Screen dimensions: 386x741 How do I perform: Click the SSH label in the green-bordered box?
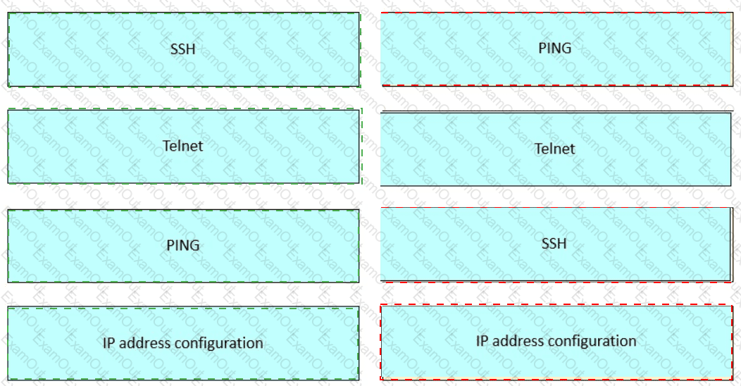pyautogui.click(x=182, y=49)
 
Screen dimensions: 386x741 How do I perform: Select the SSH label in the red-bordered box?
pyautogui.click(x=554, y=244)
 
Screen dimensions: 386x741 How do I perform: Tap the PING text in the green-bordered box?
pyautogui.click(x=183, y=245)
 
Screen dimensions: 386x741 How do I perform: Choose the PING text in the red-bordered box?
pyautogui.click(x=555, y=49)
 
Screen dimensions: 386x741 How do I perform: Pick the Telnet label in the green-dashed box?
pyautogui.click(x=183, y=146)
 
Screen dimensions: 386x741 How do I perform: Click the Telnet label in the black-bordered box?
pyautogui.click(x=555, y=149)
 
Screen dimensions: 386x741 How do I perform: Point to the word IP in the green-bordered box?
pyautogui.click(x=109, y=343)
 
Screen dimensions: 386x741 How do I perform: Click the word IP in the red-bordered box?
pyautogui.click(x=482, y=341)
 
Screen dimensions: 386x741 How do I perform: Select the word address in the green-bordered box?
pyautogui.click(x=144, y=343)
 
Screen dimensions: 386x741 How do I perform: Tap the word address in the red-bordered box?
pyautogui.click(x=517, y=341)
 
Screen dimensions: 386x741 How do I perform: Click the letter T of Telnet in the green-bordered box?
pyautogui.click(x=166, y=146)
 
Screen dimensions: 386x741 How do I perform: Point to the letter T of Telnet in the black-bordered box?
pyautogui.click(x=538, y=149)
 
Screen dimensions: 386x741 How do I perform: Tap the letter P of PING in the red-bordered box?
pyautogui.click(x=542, y=49)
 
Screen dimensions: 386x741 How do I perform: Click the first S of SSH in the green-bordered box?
pyautogui.click(x=174, y=49)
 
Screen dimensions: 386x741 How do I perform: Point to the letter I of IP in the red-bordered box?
pyautogui.click(x=479, y=341)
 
